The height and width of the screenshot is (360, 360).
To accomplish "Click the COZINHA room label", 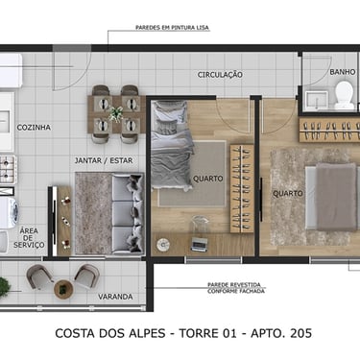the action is pos(34,128).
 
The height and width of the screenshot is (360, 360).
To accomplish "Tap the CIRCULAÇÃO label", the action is pos(220,75).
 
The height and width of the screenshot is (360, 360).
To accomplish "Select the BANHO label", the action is pos(343,72).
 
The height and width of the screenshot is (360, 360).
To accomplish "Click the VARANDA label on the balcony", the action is pos(115,297).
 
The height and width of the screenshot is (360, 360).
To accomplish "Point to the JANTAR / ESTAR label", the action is pos(104,160).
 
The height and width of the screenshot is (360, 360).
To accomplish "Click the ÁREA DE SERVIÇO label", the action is pos(29,238).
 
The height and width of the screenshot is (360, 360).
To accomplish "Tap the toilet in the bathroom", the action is pos(344,94).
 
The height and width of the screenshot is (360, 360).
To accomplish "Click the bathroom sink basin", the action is pos(316,100).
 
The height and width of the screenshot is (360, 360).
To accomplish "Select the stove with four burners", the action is pos(8,170).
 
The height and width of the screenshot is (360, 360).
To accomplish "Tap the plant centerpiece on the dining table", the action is pos(115,113).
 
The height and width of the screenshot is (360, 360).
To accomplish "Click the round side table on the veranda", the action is pos(63,289).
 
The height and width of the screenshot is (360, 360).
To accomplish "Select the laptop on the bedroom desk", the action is pos(199,245).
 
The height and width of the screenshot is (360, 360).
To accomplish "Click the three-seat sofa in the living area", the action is pos(128,214).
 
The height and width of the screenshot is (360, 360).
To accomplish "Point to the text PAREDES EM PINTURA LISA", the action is pos(172,28).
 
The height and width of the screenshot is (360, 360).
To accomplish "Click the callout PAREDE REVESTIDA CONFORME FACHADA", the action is pos(236,288).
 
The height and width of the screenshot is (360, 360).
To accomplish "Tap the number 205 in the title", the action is pos(300,333).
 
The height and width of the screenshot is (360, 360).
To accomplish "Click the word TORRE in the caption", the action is pos(199,333).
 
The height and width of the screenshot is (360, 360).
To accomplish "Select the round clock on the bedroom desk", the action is pos(163,245).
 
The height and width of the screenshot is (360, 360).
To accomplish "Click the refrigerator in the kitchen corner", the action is pos(11,70).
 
